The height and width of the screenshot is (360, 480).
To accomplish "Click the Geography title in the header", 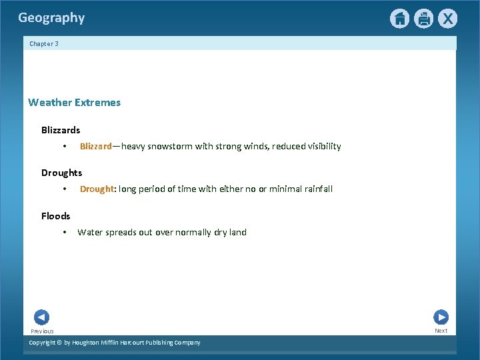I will (51, 18).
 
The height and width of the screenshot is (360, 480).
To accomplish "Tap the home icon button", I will (399, 19).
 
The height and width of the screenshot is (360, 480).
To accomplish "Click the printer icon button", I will (423, 19).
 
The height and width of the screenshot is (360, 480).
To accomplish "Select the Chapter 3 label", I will (44, 44).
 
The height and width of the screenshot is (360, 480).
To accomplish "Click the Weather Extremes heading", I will (74, 103).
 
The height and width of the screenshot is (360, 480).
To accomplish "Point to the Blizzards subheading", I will (61, 130).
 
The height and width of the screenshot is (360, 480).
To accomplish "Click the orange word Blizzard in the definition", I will (95, 146).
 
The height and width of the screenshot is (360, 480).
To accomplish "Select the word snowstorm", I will (169, 146).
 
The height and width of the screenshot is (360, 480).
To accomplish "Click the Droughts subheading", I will (61, 173).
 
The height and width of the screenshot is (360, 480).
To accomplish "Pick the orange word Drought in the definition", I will (97, 189).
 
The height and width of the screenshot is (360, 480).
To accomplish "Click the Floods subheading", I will (55, 216).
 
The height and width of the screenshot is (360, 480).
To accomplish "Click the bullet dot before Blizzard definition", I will (64, 147).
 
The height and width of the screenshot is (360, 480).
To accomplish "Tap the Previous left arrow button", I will (41, 317).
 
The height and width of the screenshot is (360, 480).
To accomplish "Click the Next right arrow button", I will (441, 317).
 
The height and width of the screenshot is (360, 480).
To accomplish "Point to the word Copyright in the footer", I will (45, 343).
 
